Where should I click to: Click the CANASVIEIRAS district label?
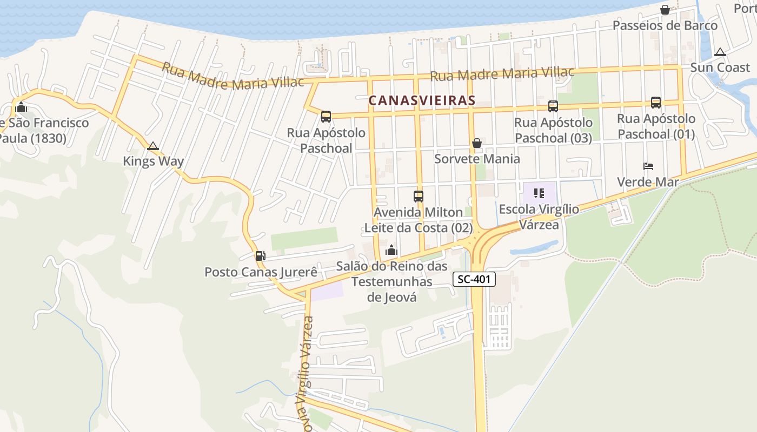click(422, 100)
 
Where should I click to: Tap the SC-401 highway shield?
click(474, 279)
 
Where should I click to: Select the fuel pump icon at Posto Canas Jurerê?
click(260, 255)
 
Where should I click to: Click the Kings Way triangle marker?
click(153, 146)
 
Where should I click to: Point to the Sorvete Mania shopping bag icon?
click(477, 143)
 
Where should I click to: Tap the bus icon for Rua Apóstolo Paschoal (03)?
click(553, 106)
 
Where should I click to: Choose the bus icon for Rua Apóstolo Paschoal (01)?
click(655, 102)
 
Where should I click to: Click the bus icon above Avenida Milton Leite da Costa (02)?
click(418, 197)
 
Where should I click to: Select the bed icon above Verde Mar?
click(648, 166)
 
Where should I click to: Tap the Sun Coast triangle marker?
click(720, 52)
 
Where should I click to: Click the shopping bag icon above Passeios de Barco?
click(665, 10)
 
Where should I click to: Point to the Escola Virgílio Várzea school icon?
click(539, 193)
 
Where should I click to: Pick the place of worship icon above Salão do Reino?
click(391, 251)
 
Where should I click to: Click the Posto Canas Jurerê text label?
click(261, 272)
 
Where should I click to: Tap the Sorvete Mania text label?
click(477, 159)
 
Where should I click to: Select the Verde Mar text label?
click(648, 182)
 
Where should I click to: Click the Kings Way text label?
click(153, 161)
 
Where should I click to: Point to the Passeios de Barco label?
click(665, 25)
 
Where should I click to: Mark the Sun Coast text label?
click(720, 67)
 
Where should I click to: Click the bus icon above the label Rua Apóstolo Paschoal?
click(326, 117)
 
